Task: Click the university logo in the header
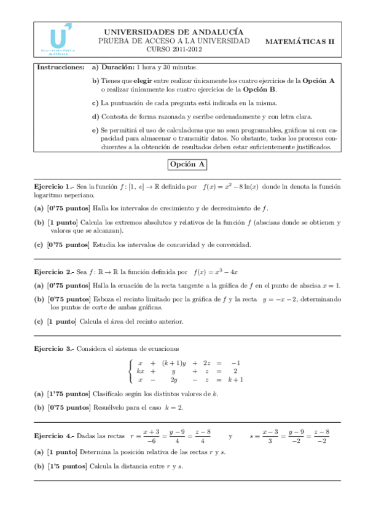click(57, 40)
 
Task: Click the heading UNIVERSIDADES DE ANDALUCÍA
click(174, 31)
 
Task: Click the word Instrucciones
click(60, 66)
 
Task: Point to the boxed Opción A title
click(188, 165)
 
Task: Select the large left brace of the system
click(130, 371)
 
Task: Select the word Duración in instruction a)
click(117, 66)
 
